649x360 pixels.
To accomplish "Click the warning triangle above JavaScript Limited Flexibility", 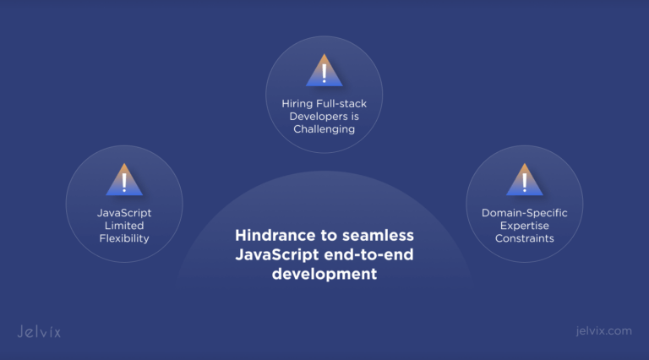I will click(x=124, y=180).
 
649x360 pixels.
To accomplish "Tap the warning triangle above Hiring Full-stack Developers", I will click(x=324, y=71).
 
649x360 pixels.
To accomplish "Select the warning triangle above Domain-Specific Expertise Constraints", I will click(x=524, y=180).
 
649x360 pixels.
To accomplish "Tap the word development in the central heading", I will click(x=324, y=274).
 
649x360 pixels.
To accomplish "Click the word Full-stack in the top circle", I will click(x=344, y=103).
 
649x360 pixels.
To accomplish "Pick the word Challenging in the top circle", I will click(x=324, y=130).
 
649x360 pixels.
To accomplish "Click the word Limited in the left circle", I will click(x=124, y=226).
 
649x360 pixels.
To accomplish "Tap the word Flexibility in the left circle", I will click(x=124, y=238).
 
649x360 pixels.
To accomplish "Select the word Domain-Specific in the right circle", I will click(x=524, y=213).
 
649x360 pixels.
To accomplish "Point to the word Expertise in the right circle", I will click(x=524, y=226).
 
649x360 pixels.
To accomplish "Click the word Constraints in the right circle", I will click(x=524, y=238).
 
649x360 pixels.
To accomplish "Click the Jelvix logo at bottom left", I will click(x=39, y=331).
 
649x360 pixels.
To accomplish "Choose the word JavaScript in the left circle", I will click(x=124, y=213).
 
